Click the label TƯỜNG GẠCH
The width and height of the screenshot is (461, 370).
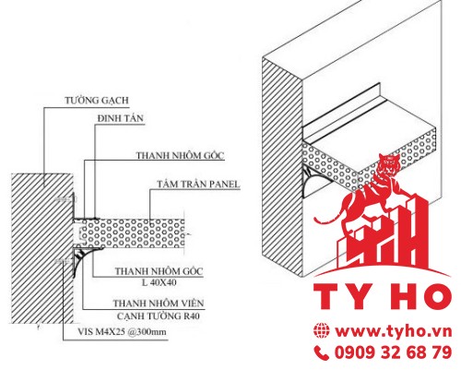(x=97, y=101)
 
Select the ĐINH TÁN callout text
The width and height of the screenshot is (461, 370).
(x=121, y=118)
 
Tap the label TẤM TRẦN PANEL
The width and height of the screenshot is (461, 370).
(x=198, y=185)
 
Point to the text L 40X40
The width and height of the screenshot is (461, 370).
(x=160, y=282)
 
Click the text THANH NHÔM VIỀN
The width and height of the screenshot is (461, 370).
(x=159, y=304)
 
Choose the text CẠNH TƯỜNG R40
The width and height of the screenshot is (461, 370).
(x=159, y=316)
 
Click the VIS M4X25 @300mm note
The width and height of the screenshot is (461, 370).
(x=122, y=332)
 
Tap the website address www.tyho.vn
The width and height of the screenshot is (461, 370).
(x=394, y=331)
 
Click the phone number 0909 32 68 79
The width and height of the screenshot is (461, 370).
(x=394, y=352)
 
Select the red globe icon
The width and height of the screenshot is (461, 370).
(x=322, y=331)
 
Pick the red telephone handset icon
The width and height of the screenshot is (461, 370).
(x=322, y=352)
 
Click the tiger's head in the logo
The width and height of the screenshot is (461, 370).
(x=386, y=162)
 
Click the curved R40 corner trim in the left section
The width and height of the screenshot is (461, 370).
(x=80, y=260)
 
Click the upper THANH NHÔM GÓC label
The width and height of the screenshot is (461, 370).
(x=181, y=155)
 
